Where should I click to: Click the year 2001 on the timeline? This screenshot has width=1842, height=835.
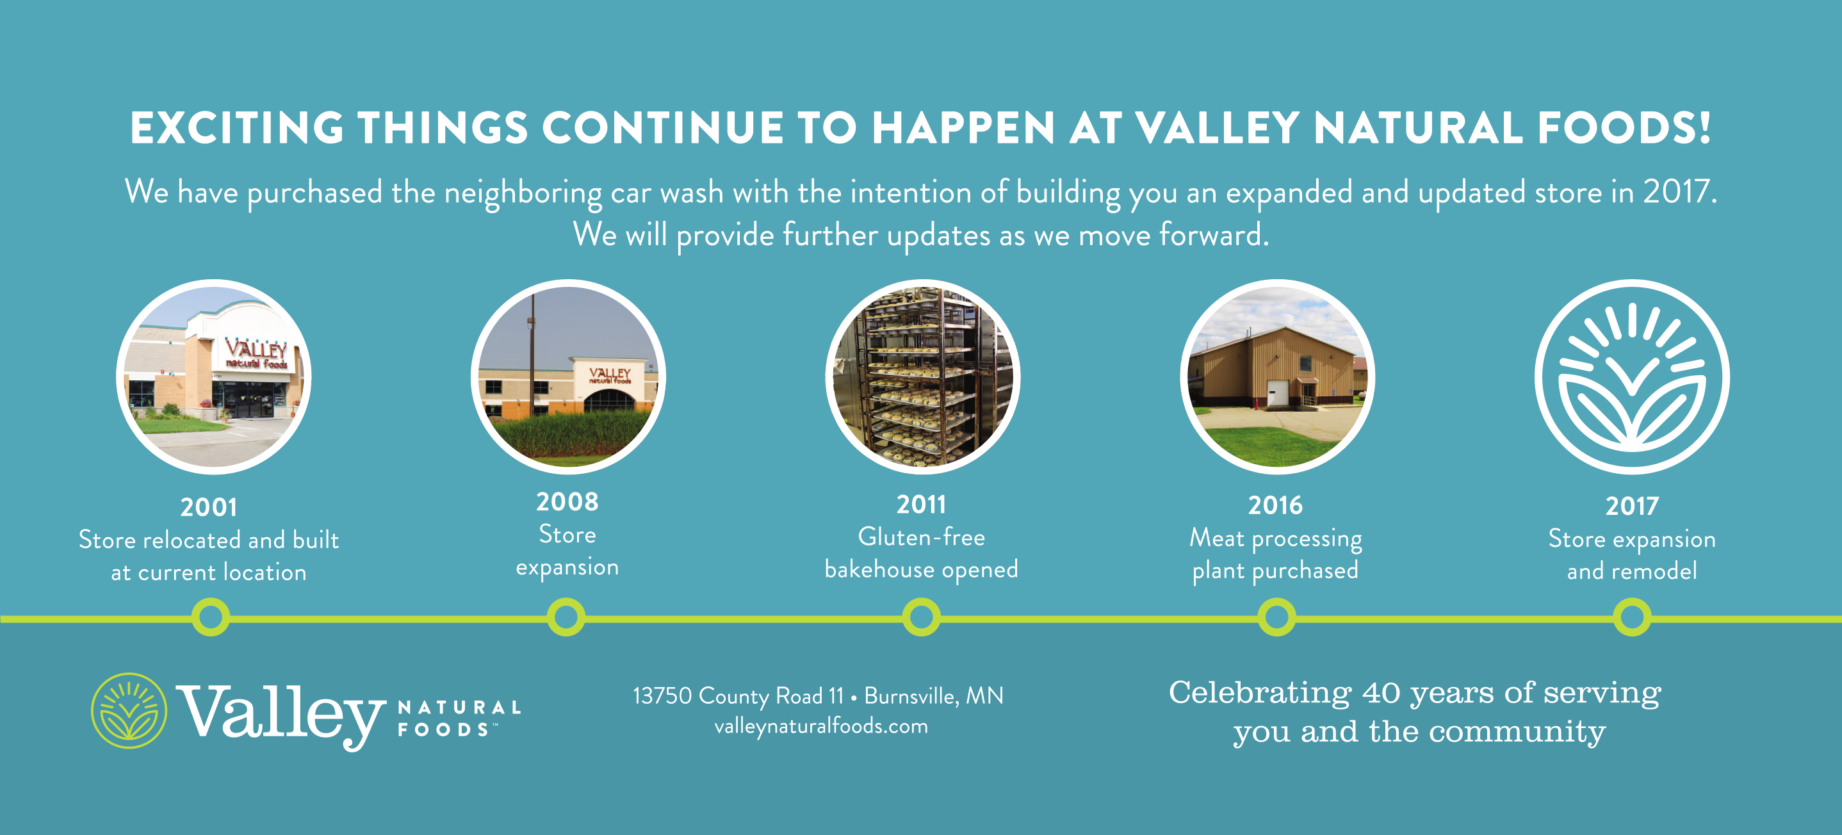pyautogui.click(x=209, y=507)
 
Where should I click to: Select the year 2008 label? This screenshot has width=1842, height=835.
pyautogui.click(x=567, y=501)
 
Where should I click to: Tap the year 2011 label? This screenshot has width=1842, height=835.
pyautogui.click(x=921, y=504)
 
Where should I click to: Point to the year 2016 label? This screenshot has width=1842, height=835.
pyautogui.click(x=1276, y=505)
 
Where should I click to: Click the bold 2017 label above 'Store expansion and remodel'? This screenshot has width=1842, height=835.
pyautogui.click(x=1632, y=506)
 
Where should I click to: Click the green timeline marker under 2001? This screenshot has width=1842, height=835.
pyautogui.click(x=211, y=617)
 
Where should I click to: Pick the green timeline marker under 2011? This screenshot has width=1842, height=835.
pyautogui.click(x=921, y=617)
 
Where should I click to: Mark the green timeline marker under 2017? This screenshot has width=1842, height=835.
pyautogui.click(x=1632, y=617)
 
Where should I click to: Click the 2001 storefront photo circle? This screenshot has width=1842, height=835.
pyautogui.click(x=214, y=377)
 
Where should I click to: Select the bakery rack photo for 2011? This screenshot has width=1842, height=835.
pyautogui.click(x=923, y=377)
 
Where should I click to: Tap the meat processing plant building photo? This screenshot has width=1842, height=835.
pyautogui.click(x=1277, y=377)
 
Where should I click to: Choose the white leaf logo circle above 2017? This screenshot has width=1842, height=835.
pyautogui.click(x=1632, y=377)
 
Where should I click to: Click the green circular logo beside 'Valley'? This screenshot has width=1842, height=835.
pyautogui.click(x=129, y=711)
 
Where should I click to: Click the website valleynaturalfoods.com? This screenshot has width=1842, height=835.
pyautogui.click(x=821, y=726)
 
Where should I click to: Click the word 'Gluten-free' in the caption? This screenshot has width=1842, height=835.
pyautogui.click(x=921, y=537)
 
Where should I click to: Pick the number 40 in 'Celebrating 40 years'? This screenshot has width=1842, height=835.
pyautogui.click(x=1381, y=693)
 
